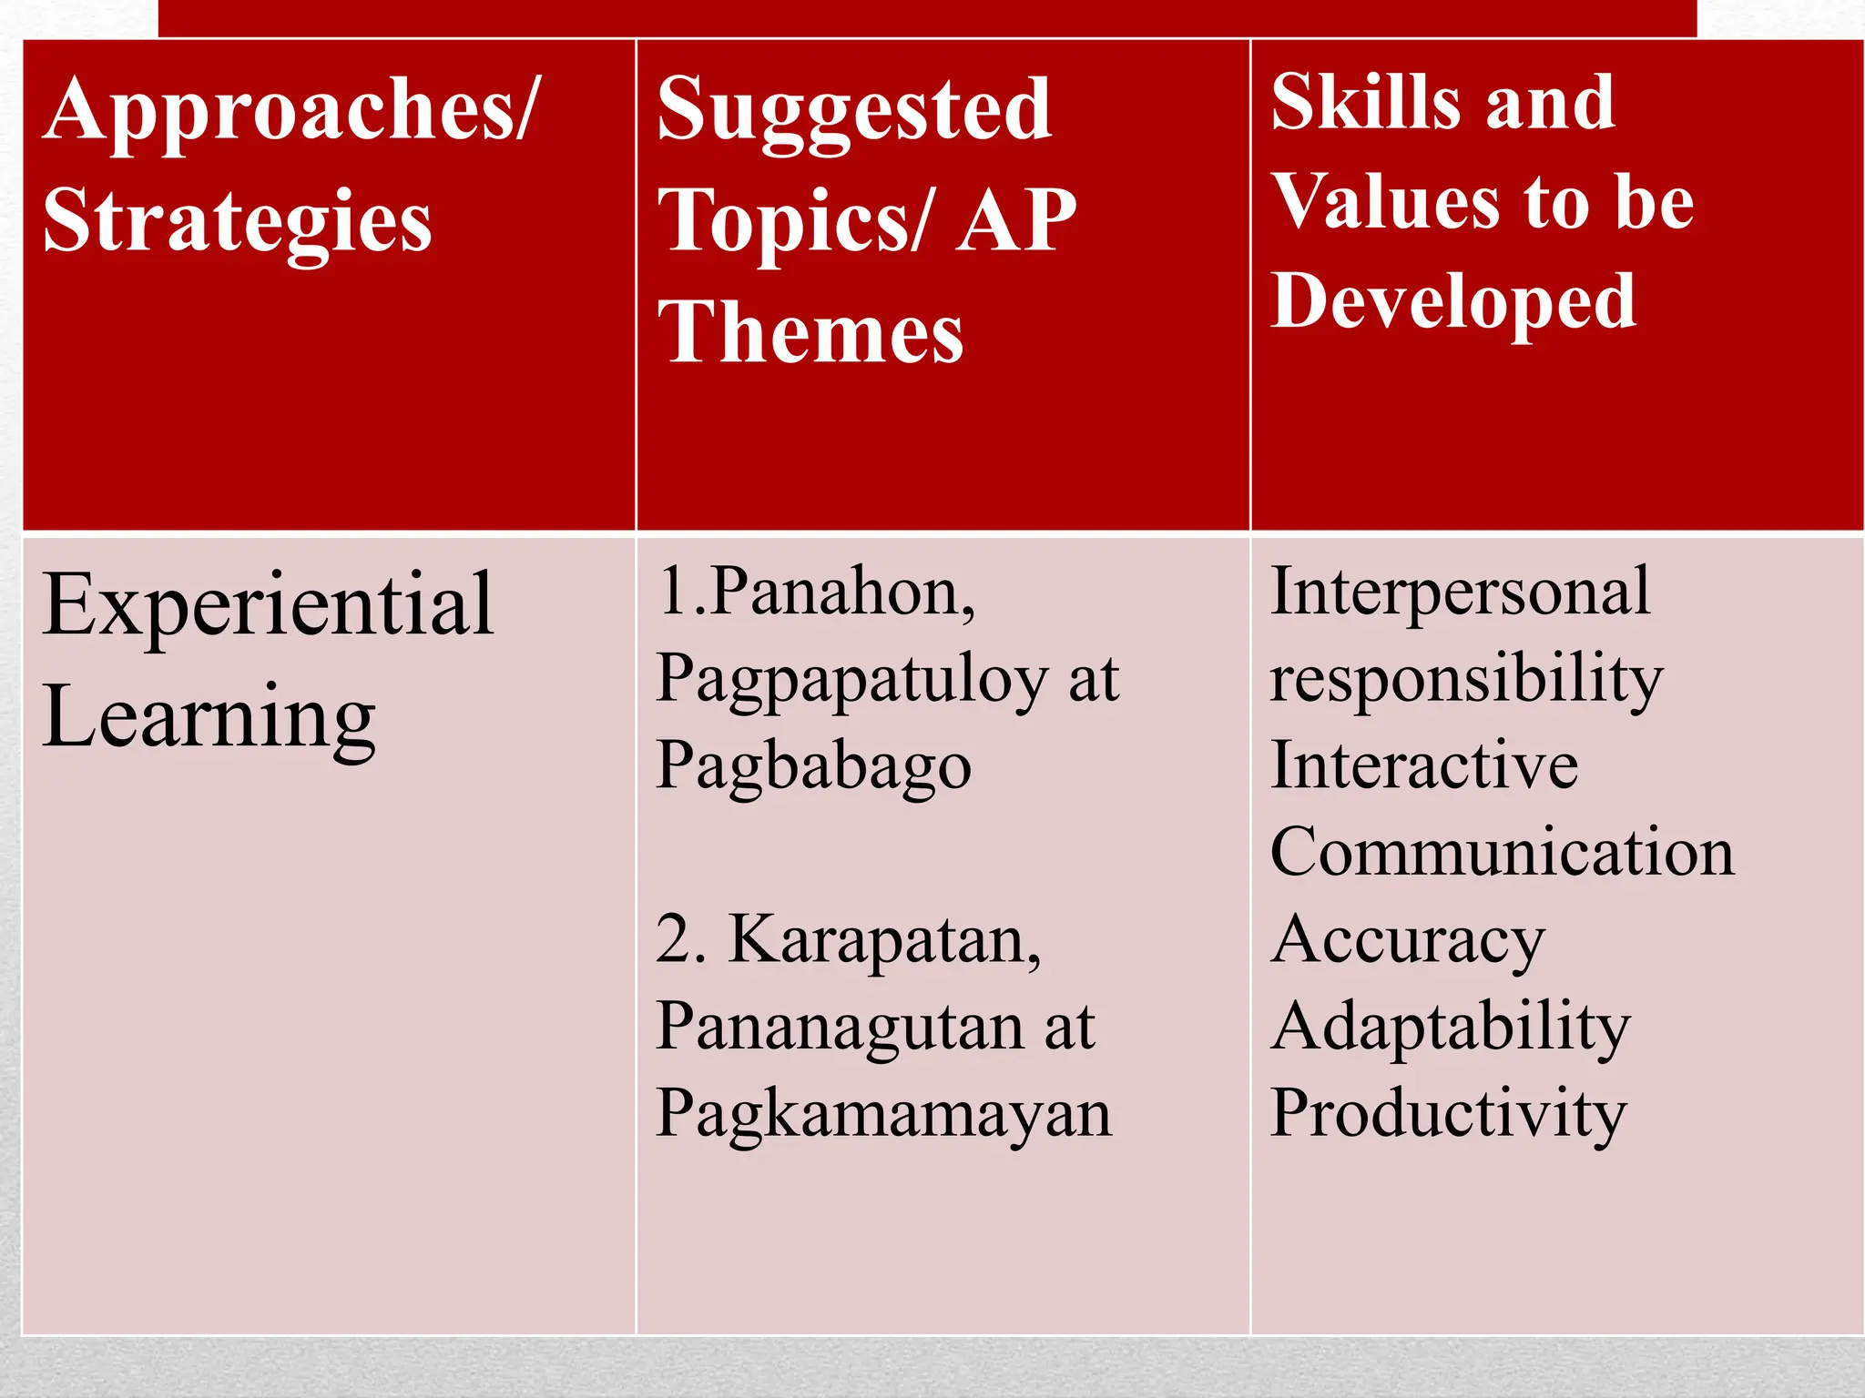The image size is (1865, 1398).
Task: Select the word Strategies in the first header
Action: [238, 222]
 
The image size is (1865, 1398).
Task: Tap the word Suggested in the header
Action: [854, 111]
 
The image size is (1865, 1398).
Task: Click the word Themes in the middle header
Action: [810, 333]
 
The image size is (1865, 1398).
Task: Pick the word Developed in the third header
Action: [1453, 301]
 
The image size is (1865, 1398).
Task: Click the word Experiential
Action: [268, 605]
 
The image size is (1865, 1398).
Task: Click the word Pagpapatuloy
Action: [852, 681]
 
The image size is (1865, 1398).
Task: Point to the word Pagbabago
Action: [813, 766]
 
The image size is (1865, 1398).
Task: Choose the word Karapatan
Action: [884, 939]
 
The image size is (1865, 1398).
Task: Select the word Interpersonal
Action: [1460, 592]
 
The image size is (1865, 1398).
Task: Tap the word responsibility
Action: [1466, 679]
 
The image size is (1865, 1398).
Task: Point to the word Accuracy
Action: [1408, 939]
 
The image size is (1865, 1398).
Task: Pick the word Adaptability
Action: [1450, 1027]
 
